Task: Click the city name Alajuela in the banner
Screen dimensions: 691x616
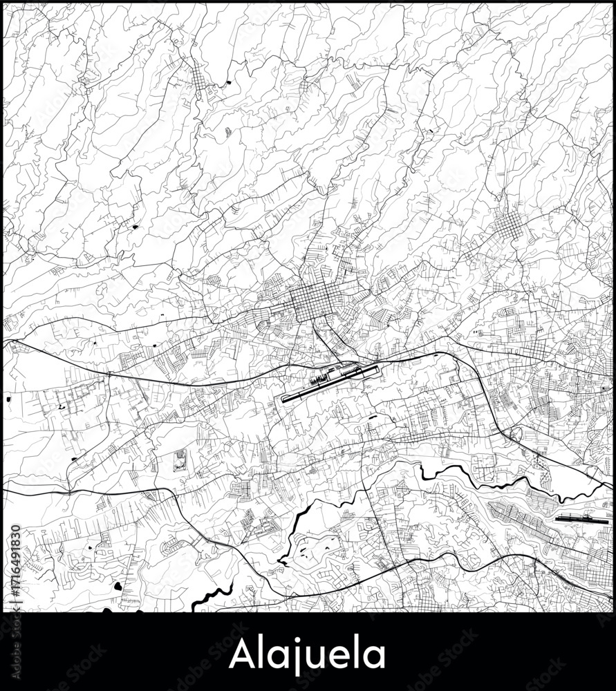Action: [x=308, y=654]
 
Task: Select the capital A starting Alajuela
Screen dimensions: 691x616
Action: [x=241, y=654]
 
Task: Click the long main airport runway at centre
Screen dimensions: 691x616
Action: [x=330, y=385]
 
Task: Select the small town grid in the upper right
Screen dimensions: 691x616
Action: [x=510, y=225]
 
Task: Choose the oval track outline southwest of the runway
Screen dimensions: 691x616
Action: [x=180, y=460]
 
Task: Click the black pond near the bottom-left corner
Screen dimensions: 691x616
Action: [x=118, y=586]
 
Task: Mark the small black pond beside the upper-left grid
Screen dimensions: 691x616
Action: [x=228, y=84]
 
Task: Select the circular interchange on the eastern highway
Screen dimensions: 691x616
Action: [x=515, y=435]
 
